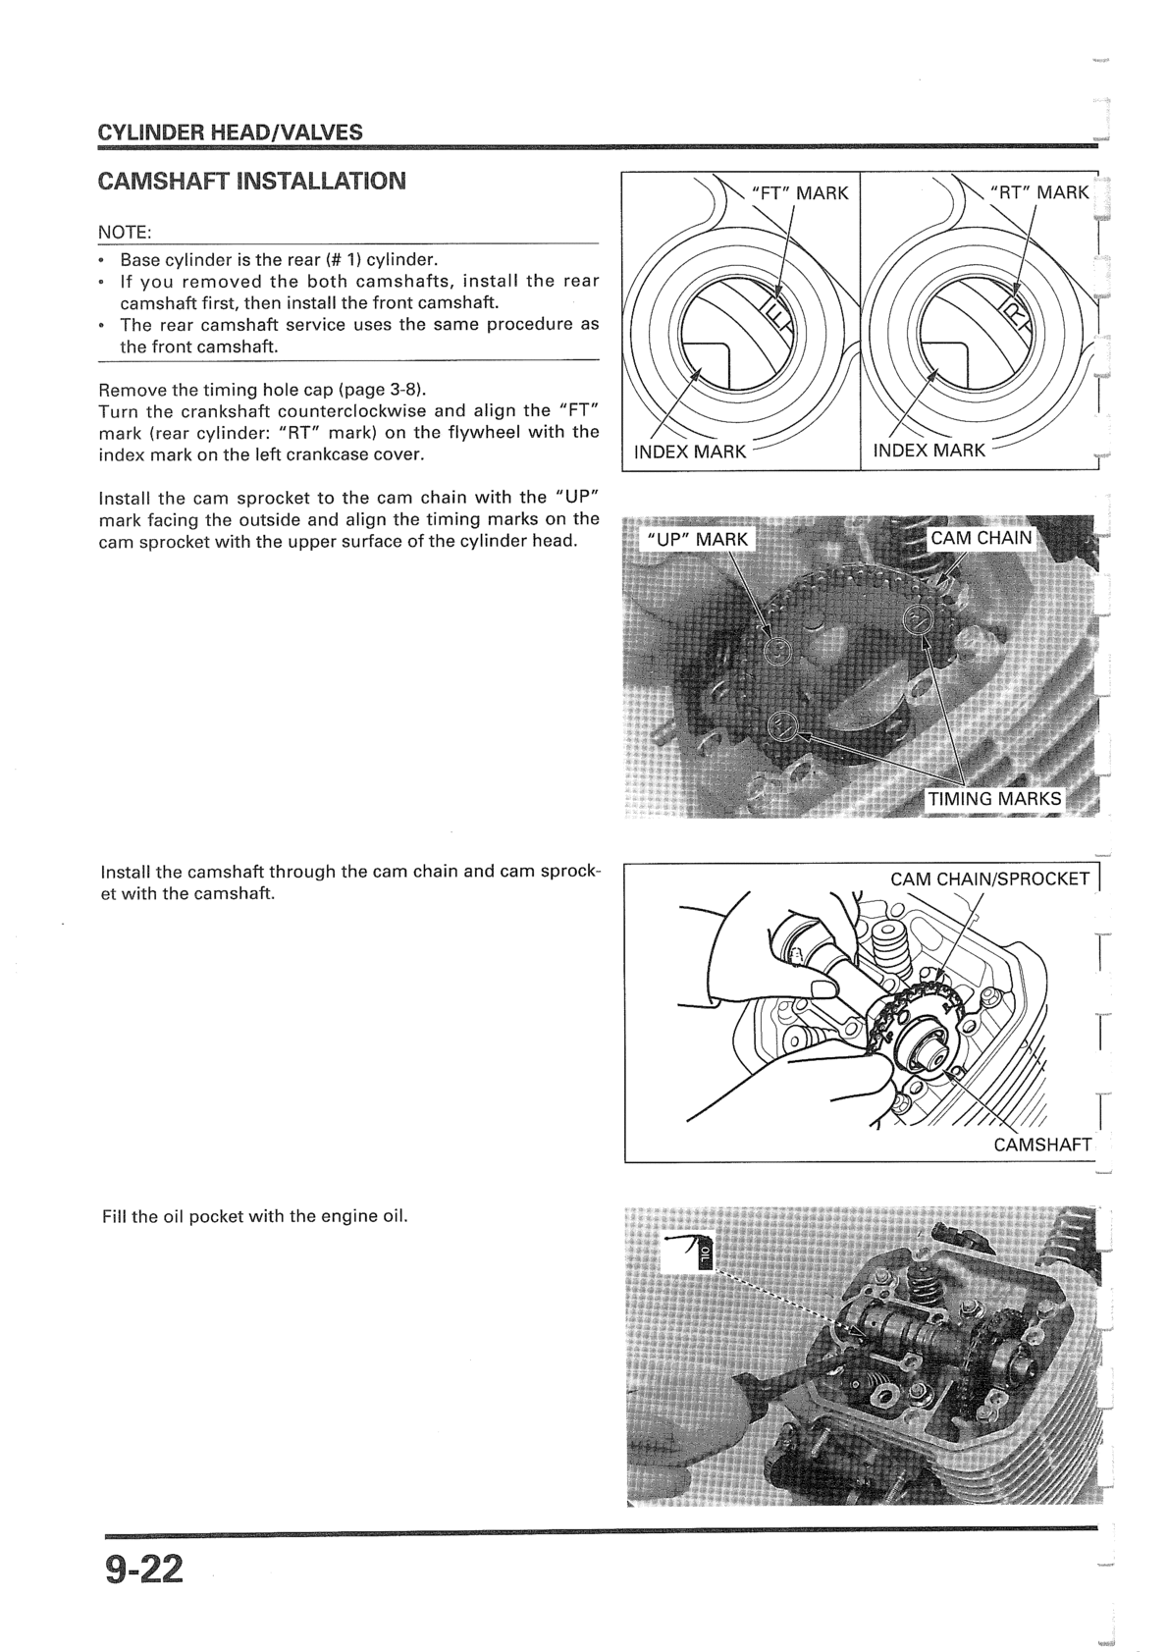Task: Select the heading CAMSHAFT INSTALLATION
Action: [251, 182]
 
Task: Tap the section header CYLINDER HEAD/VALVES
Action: [230, 132]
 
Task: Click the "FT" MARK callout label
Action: [799, 193]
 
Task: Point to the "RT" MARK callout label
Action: [1039, 192]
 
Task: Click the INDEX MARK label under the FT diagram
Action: [690, 452]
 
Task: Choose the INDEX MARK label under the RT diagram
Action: [929, 451]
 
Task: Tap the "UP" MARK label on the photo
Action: [697, 539]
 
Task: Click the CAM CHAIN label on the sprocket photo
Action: [982, 538]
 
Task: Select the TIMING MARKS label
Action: [995, 798]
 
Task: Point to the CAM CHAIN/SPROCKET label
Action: [989, 879]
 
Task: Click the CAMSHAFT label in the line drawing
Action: [1042, 1145]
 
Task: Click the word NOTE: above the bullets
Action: [124, 233]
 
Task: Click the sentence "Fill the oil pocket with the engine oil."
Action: [254, 1216]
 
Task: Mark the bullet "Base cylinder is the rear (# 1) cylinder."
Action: [278, 260]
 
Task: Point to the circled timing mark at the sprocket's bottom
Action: [781, 725]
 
